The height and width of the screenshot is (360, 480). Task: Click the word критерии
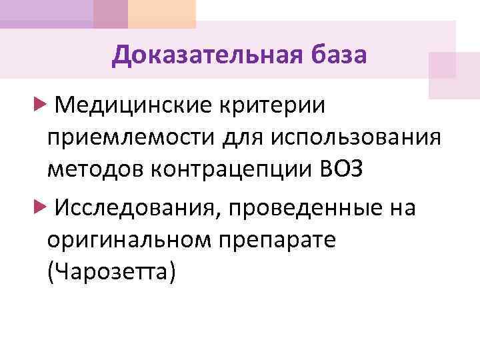(x=270, y=104)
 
